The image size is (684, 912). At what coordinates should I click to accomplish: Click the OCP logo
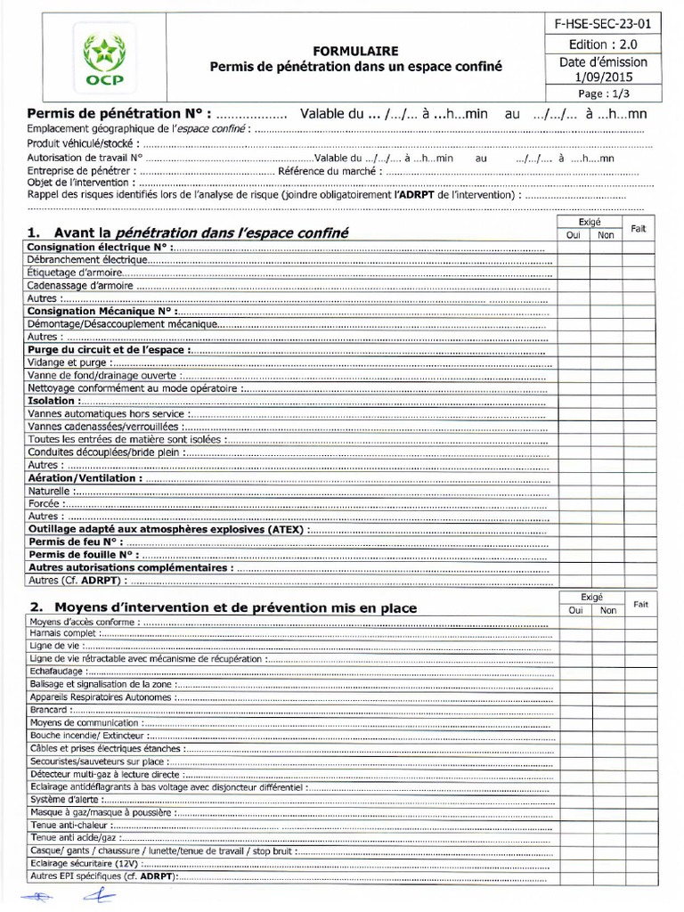point(104,60)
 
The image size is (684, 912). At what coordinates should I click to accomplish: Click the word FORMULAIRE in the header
point(355,51)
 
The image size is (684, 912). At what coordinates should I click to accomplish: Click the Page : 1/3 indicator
point(603,93)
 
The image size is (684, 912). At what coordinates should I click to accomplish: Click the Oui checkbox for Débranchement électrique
point(574,260)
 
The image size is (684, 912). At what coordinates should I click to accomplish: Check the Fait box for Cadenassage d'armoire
point(639,286)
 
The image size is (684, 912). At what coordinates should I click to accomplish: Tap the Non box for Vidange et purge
point(607,362)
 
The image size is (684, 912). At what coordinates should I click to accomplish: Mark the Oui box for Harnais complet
point(574,634)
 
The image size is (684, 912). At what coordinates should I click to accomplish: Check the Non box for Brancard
point(607,710)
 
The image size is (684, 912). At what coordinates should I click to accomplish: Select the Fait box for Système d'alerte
point(639,800)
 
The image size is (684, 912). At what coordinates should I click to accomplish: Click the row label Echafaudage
point(57,672)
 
